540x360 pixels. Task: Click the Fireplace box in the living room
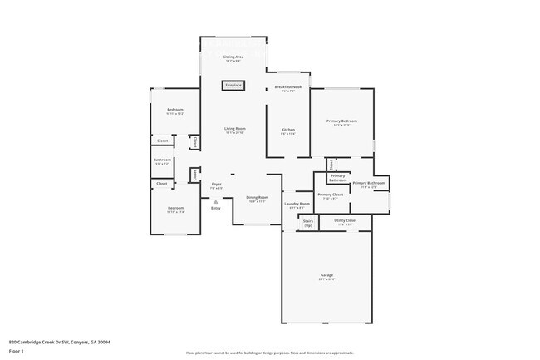click(x=233, y=85)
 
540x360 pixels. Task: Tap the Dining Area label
click(x=233, y=57)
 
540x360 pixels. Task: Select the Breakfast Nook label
click(x=288, y=87)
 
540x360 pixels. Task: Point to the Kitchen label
click(x=288, y=129)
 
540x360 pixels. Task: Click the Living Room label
click(x=235, y=128)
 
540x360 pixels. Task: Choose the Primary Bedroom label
click(x=342, y=121)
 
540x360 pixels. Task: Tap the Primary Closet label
click(x=330, y=194)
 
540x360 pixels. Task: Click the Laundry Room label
click(x=297, y=203)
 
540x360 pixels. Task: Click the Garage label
click(x=327, y=275)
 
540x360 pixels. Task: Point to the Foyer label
click(x=216, y=184)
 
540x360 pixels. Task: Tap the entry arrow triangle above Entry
click(x=215, y=201)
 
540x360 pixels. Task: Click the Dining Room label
click(x=257, y=197)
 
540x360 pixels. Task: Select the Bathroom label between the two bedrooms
click(x=162, y=160)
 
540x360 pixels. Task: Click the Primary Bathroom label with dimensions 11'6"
click(x=369, y=182)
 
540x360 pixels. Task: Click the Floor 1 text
click(x=16, y=351)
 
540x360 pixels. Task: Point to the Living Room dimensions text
click(x=235, y=133)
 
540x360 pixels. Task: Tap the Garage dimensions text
click(x=327, y=279)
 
